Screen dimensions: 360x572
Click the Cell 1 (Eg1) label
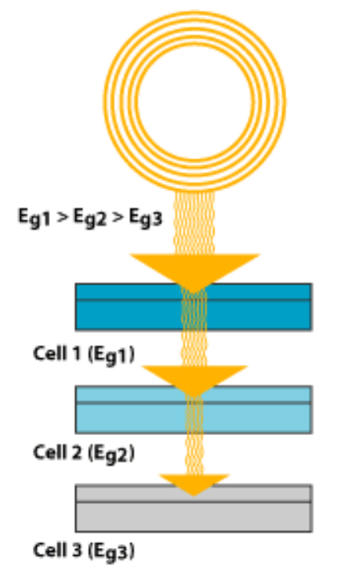83,355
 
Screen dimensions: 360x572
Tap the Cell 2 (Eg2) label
83,453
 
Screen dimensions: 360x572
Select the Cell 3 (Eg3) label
83,551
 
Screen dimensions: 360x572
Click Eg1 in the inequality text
34,217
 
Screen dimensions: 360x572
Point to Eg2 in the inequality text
90,217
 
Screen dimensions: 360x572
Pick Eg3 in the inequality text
145,217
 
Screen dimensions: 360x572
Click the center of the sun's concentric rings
195,102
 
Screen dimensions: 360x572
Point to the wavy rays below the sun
194,223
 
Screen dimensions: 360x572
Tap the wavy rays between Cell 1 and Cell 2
194,348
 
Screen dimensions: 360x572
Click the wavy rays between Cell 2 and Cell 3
194,453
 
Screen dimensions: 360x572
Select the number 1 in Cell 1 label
75,353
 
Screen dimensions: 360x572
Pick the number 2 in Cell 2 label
76,453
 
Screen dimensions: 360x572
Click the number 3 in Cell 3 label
76,550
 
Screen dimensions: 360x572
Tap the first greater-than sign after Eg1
62,217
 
